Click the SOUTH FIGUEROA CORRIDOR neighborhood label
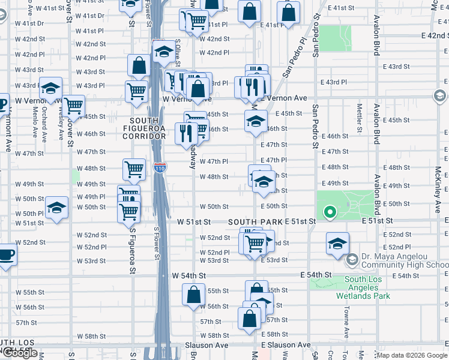pyautogui.click(x=144, y=128)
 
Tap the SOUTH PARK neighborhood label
pyautogui.click(x=255, y=222)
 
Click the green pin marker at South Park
pyautogui.click(x=329, y=211)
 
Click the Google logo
pyautogui.click(x=20, y=353)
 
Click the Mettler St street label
pyautogui.click(x=359, y=118)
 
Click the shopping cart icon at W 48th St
pyautogui.click(x=134, y=169)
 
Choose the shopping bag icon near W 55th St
pyautogui.click(x=194, y=295)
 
